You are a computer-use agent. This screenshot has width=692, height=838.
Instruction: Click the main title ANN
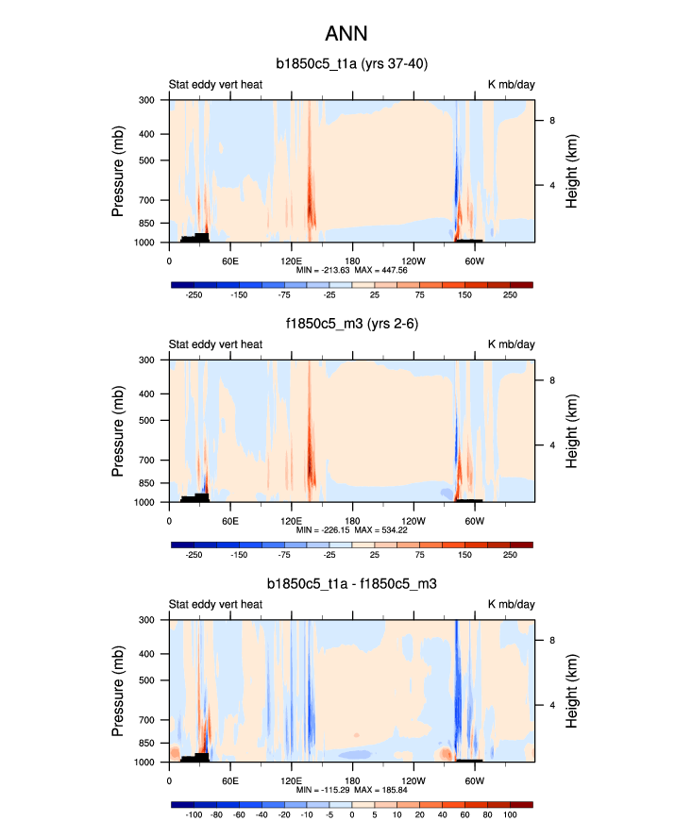click(346, 34)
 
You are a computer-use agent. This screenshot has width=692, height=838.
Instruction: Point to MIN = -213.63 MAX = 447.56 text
click(350, 269)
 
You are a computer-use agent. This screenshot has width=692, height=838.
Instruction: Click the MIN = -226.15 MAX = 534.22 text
click(350, 529)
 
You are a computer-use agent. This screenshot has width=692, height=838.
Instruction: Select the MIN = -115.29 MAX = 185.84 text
click(350, 790)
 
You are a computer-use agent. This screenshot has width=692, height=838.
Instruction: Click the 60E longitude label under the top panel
click(229, 260)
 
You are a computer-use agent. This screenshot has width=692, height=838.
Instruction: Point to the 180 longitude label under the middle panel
click(352, 520)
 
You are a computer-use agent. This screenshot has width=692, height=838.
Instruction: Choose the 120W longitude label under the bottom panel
click(413, 780)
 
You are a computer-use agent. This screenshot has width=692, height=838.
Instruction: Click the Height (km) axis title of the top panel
click(572, 171)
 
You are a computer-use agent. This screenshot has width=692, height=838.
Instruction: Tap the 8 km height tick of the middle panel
click(553, 380)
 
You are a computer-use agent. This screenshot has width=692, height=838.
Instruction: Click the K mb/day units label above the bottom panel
click(511, 605)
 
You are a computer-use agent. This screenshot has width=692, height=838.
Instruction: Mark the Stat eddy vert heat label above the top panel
click(215, 84)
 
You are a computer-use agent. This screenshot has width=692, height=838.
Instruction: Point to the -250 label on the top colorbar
click(194, 293)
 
